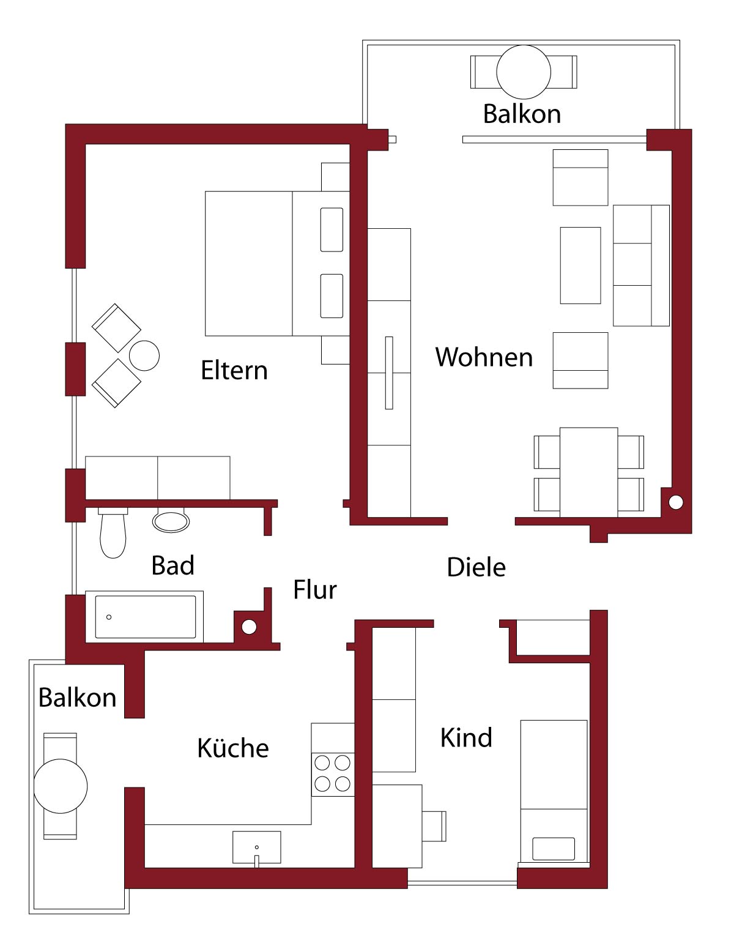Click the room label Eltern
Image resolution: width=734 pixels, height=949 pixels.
pyautogui.click(x=234, y=370)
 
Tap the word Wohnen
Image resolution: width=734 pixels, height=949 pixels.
pyautogui.click(x=484, y=357)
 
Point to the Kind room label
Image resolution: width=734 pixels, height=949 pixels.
pyautogui.click(x=466, y=738)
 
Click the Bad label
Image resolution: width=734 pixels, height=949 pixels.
pyautogui.click(x=173, y=565)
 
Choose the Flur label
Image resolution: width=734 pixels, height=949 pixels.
pyautogui.click(x=314, y=590)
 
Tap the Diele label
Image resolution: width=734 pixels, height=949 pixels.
pyautogui.click(x=476, y=567)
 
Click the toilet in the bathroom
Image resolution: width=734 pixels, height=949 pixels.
pyautogui.click(x=113, y=534)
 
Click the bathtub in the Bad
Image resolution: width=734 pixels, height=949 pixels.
pyautogui.click(x=144, y=617)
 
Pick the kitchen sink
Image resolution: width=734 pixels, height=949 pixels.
pyautogui.click(x=257, y=847)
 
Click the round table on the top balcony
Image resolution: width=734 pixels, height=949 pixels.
pyautogui.click(x=523, y=72)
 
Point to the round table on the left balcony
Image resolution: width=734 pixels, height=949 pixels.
pyautogui.click(x=61, y=786)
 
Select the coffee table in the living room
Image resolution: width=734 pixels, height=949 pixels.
pyautogui.click(x=580, y=266)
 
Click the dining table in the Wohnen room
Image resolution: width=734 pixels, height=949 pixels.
pyautogui.click(x=588, y=472)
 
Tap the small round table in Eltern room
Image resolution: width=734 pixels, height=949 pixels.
pyautogui.click(x=144, y=355)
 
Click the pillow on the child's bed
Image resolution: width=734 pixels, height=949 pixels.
pyautogui.click(x=554, y=849)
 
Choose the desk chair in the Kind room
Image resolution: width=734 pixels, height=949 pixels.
pyautogui.click(x=434, y=826)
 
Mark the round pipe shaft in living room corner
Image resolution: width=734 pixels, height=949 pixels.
pyautogui.click(x=675, y=503)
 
